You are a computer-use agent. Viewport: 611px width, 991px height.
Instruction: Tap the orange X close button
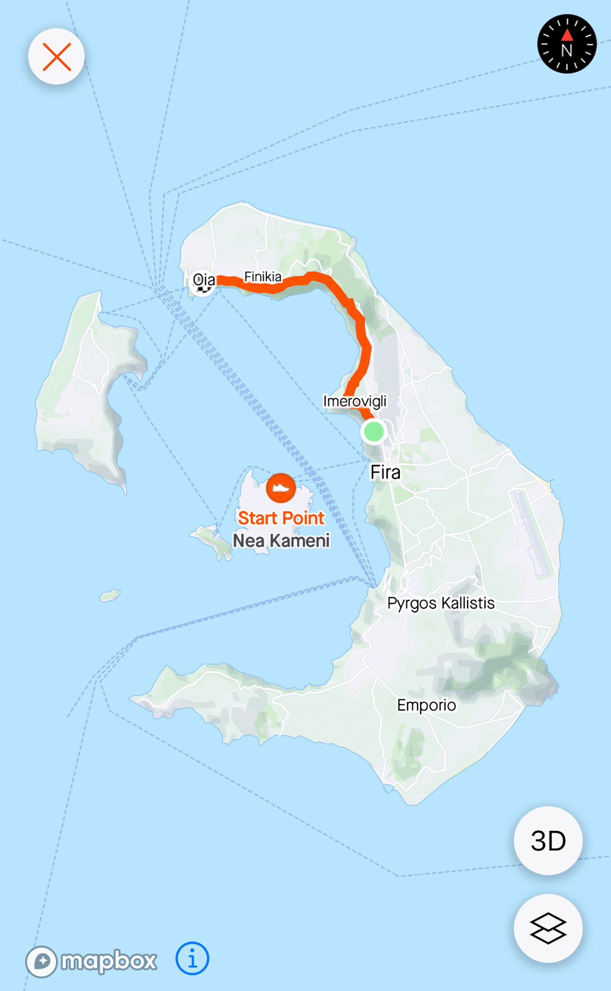click(57, 57)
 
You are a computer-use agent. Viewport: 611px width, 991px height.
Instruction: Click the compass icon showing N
click(566, 44)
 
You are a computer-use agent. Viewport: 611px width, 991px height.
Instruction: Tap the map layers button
click(548, 928)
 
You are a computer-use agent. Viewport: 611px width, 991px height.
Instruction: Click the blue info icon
click(192, 958)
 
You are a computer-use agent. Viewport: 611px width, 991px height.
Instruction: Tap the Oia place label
click(204, 279)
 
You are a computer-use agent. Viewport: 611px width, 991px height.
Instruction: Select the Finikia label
click(262, 276)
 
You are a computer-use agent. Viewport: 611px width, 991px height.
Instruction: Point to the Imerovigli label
click(355, 401)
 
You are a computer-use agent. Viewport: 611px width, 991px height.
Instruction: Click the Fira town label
click(385, 472)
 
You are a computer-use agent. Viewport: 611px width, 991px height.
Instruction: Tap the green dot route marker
click(374, 431)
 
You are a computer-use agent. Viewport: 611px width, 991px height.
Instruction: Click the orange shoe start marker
click(281, 488)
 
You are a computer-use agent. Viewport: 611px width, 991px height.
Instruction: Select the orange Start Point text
click(281, 518)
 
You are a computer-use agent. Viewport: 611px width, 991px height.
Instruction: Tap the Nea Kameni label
click(281, 541)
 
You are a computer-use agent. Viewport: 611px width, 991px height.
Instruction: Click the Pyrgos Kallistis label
click(441, 603)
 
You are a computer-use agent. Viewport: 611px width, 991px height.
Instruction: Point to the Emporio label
click(426, 705)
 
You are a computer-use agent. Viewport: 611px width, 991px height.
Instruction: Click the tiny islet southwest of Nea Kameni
click(110, 595)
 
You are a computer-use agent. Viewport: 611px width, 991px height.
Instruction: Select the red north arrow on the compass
click(567, 35)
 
